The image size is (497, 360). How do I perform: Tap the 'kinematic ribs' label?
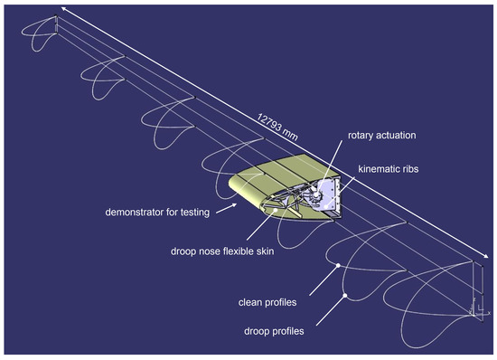click(389, 168)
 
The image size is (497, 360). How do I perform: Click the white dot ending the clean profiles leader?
click(338, 265)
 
